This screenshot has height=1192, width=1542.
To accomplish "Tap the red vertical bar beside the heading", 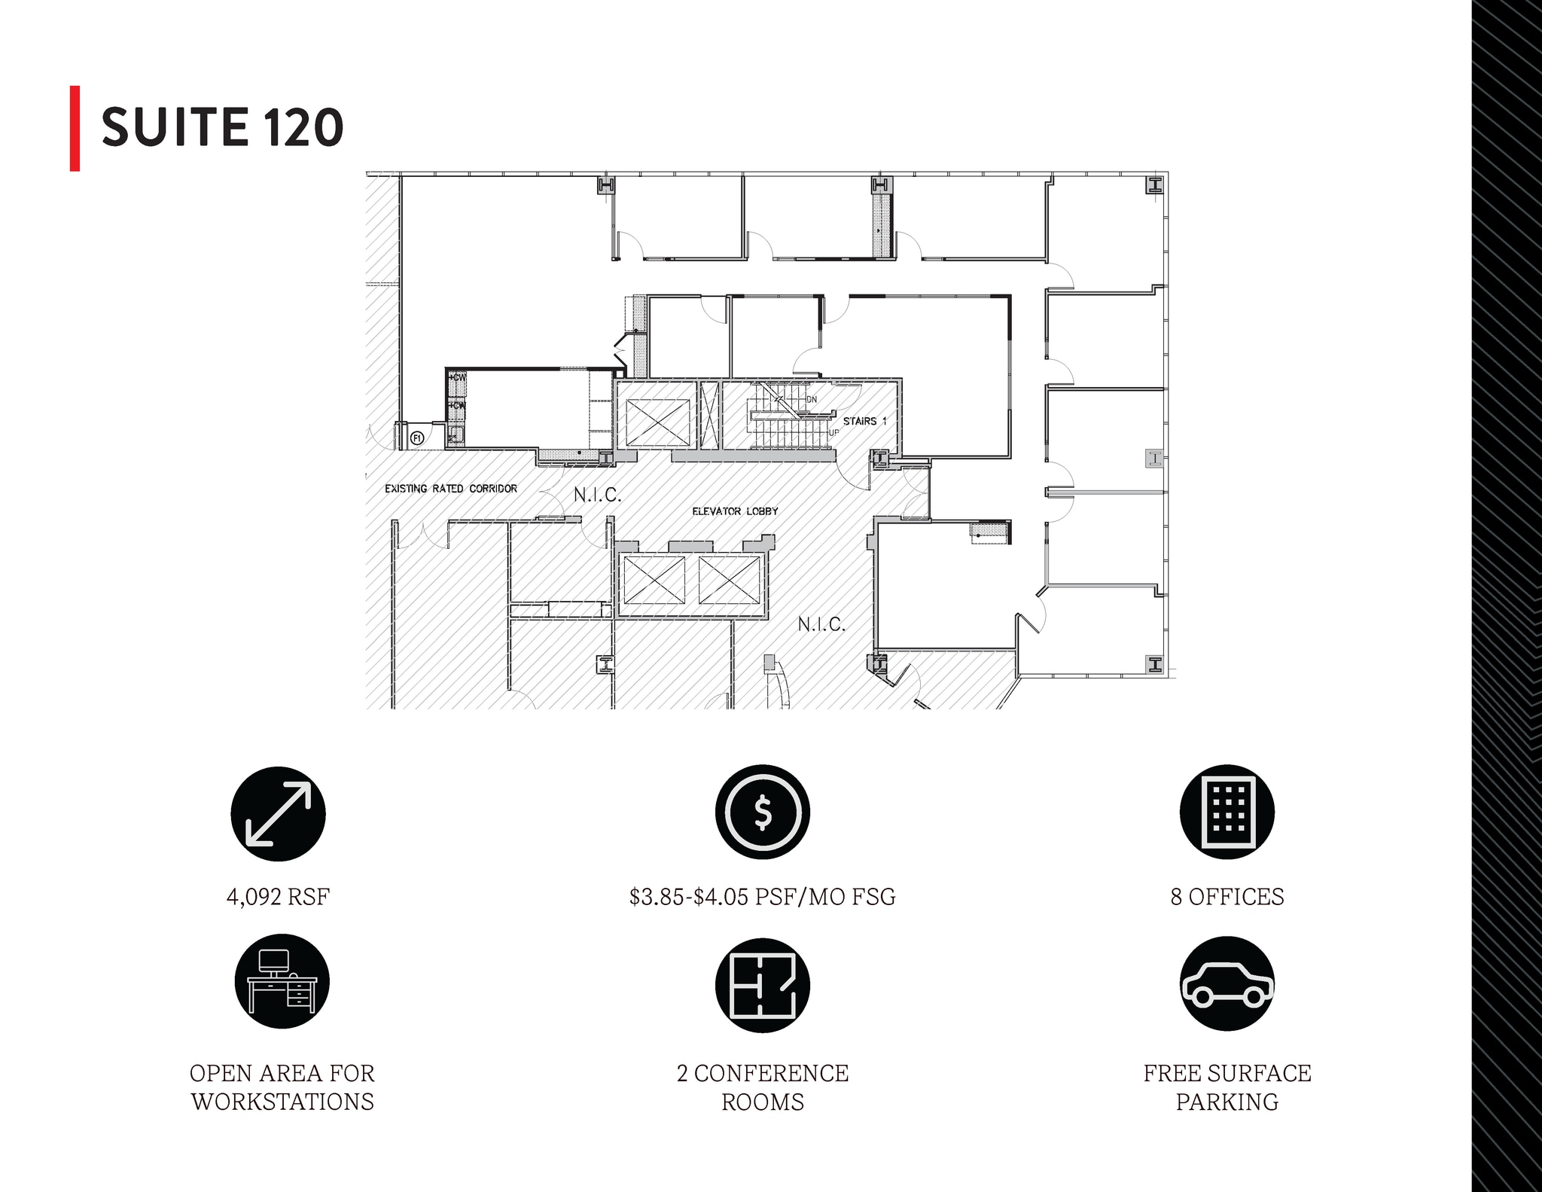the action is coord(75,129).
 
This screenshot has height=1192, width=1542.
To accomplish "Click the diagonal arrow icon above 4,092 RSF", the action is coord(278,814).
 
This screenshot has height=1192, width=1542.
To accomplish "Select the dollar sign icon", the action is coord(763,812).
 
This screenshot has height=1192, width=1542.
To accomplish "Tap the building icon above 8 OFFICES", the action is coord(1227,812).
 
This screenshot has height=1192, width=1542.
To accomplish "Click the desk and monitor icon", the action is coord(282,982).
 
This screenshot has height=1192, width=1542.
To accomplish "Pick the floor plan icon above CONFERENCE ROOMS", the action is coord(763,985).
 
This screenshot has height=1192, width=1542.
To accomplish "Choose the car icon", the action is coord(1227,983).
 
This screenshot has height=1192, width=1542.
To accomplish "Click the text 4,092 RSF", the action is coord(278,897).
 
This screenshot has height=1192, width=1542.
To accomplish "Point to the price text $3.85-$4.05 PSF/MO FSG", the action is coord(763,897).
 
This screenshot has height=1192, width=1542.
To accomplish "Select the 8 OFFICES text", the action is coord(1227,897).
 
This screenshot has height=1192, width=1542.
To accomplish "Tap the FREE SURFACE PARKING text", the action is coord(1227,1087).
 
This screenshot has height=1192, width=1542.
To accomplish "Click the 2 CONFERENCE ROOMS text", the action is coord(763,1087).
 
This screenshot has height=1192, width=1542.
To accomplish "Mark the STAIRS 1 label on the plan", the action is coord(865,421).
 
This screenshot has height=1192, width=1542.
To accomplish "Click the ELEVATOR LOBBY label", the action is coord(735,511).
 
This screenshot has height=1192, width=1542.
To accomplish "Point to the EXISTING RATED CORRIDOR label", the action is coord(451,489).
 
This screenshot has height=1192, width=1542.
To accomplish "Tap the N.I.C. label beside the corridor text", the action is coord(598,495).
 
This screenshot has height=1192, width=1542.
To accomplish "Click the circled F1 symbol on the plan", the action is coord(416,437).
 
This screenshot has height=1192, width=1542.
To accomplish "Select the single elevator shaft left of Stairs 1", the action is coord(658,422).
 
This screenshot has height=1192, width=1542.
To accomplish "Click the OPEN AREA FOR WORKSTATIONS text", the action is coord(282,1087).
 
